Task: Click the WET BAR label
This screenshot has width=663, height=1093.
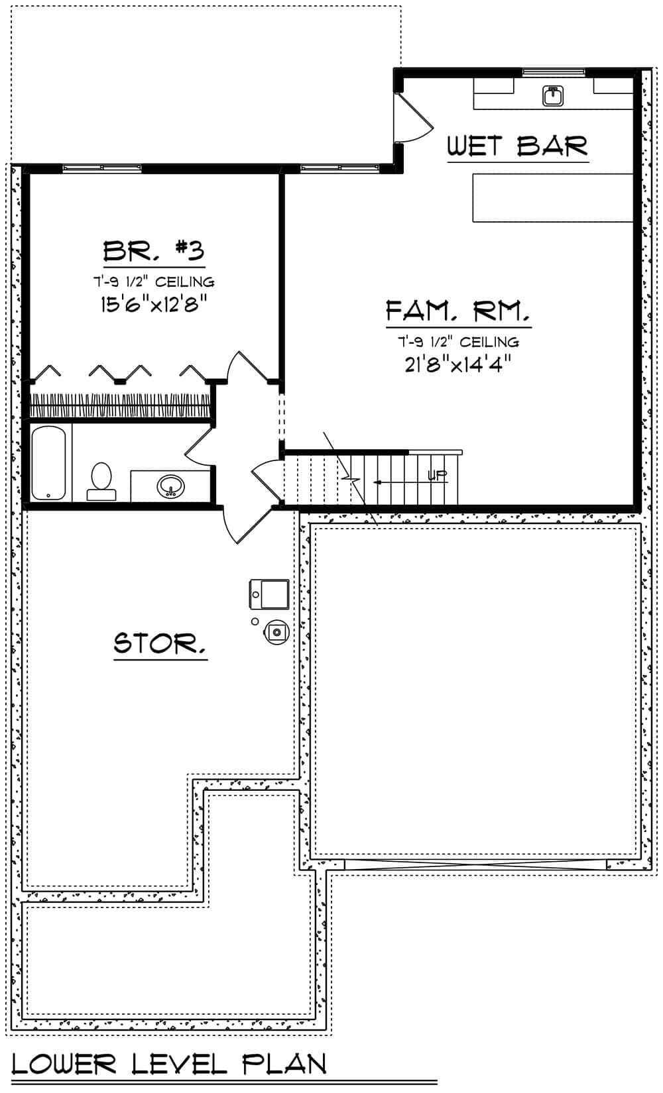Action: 517,146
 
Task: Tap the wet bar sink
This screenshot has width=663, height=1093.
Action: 553,96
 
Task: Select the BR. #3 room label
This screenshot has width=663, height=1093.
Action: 154,251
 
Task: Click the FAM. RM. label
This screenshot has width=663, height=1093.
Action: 458,311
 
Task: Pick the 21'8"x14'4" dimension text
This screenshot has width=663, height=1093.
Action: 458,364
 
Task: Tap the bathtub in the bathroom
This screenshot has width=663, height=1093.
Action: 49,463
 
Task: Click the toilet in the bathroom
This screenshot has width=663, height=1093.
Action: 101,480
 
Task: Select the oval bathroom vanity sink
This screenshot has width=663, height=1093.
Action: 171,487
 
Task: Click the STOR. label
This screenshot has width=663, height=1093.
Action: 160,643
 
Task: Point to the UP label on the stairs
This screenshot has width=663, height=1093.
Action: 437,475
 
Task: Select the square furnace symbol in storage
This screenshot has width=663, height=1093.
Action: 269,594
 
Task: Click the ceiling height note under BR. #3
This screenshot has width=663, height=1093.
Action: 154,282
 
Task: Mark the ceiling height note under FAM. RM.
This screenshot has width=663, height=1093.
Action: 458,342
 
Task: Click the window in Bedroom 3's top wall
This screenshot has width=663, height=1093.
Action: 102,168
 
